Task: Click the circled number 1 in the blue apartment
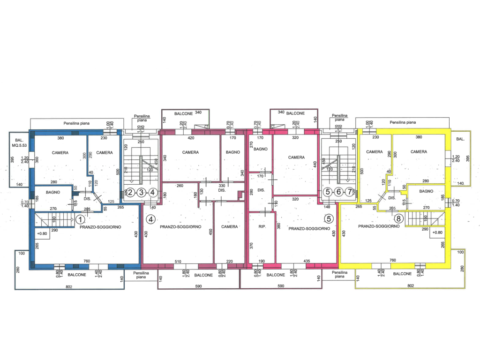coord(80,219)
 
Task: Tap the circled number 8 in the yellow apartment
coord(399,218)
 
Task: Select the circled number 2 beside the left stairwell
coord(131,192)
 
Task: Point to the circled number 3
coord(141,192)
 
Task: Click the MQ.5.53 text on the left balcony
coord(20,145)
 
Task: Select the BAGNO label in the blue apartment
coord(52,192)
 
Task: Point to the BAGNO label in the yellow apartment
coord(426,191)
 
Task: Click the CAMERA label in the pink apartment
coord(297,157)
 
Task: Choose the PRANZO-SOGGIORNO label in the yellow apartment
coord(379,226)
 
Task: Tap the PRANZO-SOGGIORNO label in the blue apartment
coord(100,227)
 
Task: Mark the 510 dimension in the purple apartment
coord(178,261)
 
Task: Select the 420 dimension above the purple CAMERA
coord(191,138)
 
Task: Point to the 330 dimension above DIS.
coord(222,186)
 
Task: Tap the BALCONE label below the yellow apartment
coord(403,274)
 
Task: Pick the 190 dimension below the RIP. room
coord(262,261)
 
